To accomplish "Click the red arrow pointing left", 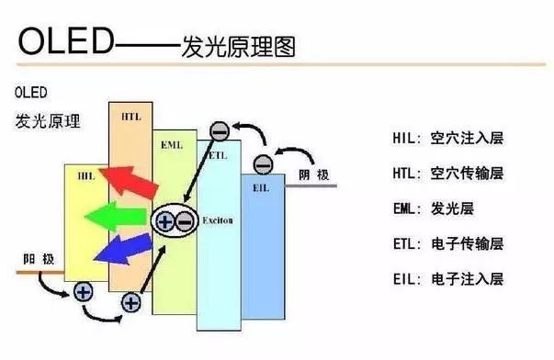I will click(x=123, y=181).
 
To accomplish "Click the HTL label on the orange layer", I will click(x=130, y=117).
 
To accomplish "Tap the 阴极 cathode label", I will click(x=311, y=173).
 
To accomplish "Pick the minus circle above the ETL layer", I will click(x=219, y=131).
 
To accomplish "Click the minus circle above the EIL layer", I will click(x=263, y=164).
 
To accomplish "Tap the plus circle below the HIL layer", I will click(x=83, y=293).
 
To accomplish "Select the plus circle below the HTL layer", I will click(x=130, y=301).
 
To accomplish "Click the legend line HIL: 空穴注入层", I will click(x=447, y=139).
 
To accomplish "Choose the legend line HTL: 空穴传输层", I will click(x=447, y=173).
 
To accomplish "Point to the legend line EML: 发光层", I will click(x=435, y=208).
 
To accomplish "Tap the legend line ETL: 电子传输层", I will click(x=447, y=243).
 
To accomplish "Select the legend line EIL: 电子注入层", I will click(x=447, y=278).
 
